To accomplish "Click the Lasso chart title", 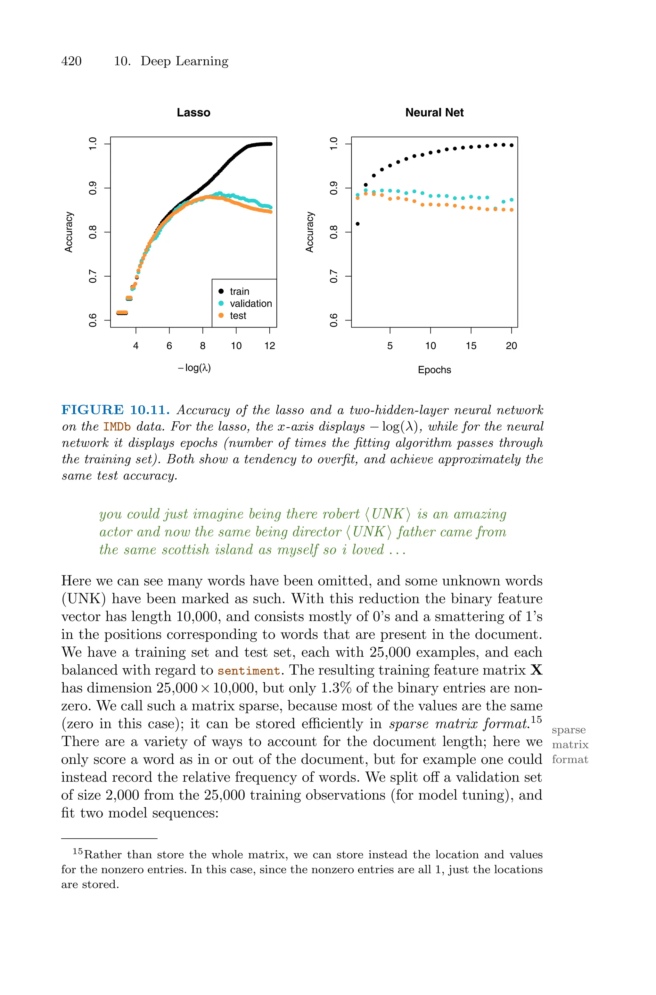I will (x=193, y=112).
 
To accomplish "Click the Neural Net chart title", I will (x=434, y=112).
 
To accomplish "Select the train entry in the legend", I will (x=239, y=292).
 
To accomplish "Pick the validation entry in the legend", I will (x=250, y=304).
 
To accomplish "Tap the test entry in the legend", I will (x=238, y=316).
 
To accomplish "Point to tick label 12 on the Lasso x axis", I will (x=270, y=346).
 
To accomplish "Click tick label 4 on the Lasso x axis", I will (x=135, y=346).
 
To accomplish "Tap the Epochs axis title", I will (x=434, y=370).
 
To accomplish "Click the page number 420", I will (x=71, y=61).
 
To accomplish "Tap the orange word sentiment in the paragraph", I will (x=249, y=671).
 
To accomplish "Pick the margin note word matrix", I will (x=570, y=745).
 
